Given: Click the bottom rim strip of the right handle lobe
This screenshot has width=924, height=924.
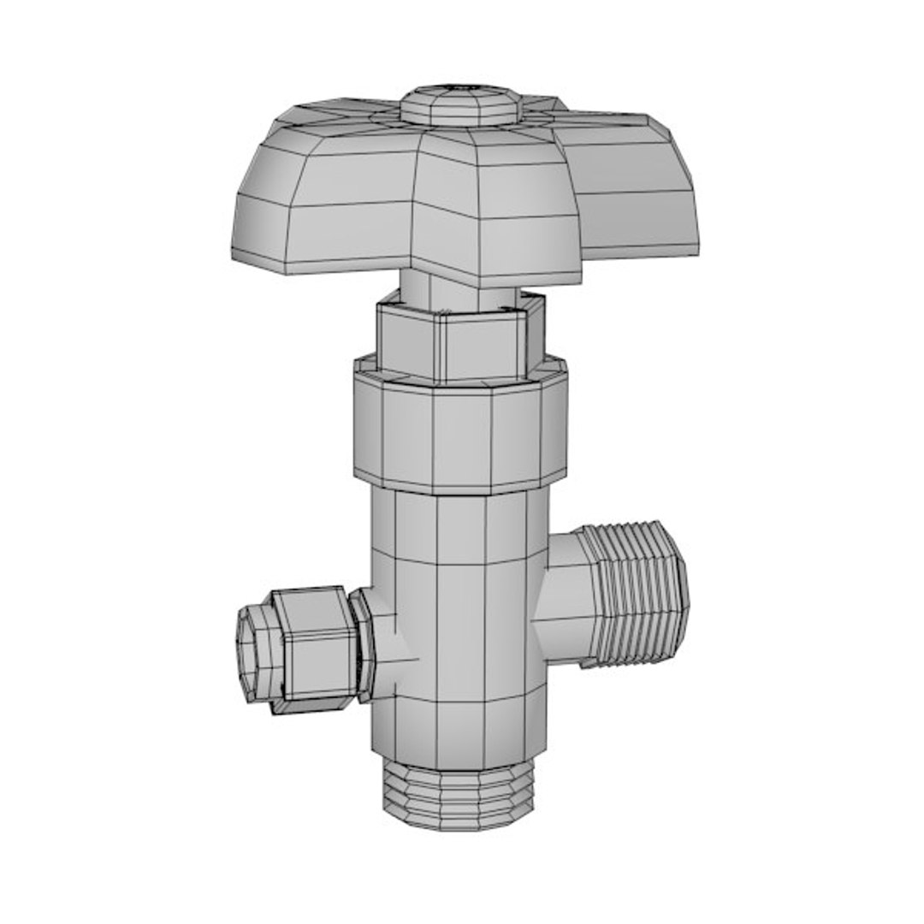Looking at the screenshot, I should (642, 251).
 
